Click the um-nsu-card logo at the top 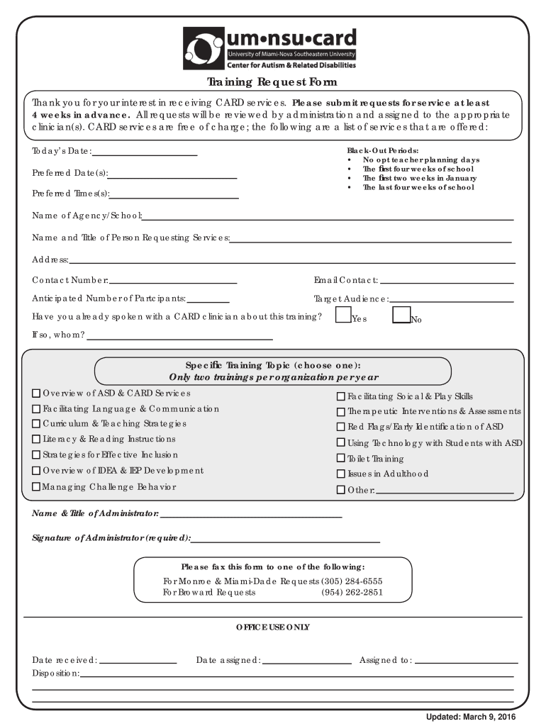(270, 47)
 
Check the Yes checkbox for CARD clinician (343, 315)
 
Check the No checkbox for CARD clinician (401, 315)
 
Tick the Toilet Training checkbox (340, 459)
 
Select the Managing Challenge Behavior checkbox (36, 486)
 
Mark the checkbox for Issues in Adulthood (340, 474)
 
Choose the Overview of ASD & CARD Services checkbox (36, 393)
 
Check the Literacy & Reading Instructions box (36, 440)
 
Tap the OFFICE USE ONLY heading (272, 627)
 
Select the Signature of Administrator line (285, 540)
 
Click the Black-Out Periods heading (382, 150)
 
